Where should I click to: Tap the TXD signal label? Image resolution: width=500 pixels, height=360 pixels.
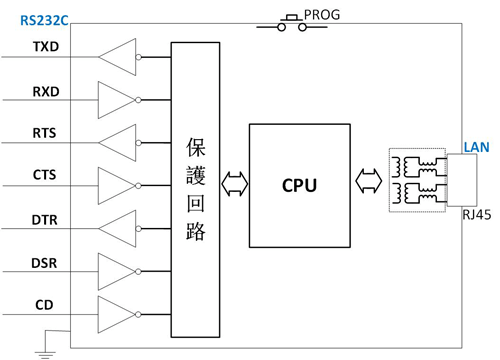click(45, 47)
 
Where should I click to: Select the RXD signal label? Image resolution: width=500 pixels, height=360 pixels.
click(45, 92)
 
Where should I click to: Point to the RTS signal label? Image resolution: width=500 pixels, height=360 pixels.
click(44, 133)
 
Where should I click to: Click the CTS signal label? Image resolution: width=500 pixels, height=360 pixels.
click(44, 176)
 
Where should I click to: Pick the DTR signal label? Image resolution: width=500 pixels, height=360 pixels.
click(44, 219)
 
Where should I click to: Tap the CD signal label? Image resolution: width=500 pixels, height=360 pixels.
click(45, 306)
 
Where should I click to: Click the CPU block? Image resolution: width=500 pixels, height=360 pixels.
click(298, 186)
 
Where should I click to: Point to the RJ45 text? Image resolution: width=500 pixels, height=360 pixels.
click(477, 214)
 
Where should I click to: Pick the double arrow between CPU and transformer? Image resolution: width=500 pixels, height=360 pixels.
click(366, 183)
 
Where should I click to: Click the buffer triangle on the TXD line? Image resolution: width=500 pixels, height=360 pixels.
click(119, 57)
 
